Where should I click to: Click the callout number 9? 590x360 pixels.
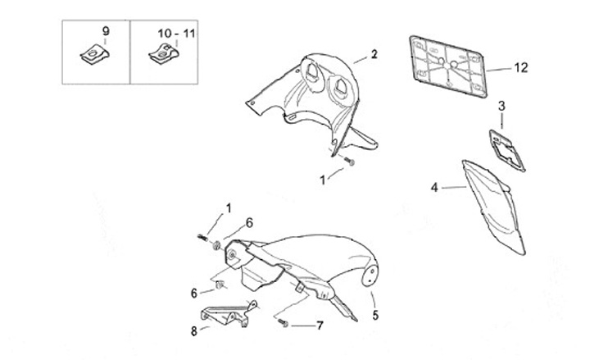coord(106,31)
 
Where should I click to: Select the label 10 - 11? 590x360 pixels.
coord(176,33)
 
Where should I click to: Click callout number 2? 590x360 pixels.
coord(374,55)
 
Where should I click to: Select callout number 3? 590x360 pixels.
coord(501,105)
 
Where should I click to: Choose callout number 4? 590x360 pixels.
coord(435,188)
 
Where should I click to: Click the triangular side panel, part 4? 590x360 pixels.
coord(492,205)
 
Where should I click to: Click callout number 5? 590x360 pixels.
coord(376,314)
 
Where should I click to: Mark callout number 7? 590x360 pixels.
coord(320,326)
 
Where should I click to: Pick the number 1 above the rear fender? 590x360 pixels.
coord(229,207)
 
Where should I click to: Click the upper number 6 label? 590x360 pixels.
coord(250,222)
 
